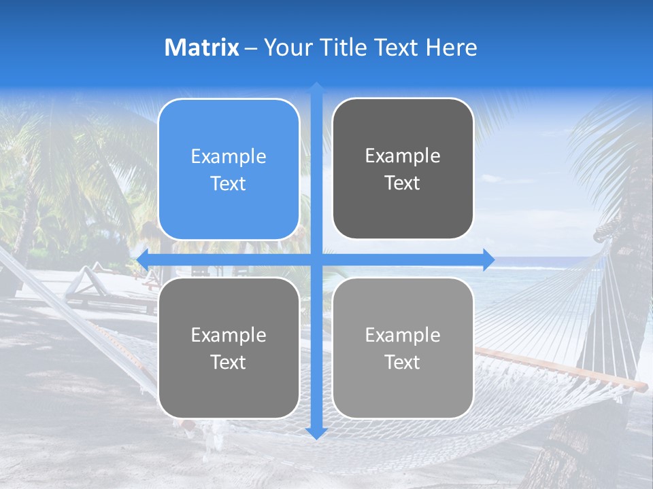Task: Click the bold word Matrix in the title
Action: coord(202,48)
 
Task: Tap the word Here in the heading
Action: coord(451,48)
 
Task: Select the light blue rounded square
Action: coord(229,169)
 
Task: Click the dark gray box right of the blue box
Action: coord(403,168)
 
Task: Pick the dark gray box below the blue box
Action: coord(229,348)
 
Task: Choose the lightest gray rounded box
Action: coord(403,348)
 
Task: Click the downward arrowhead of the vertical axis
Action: coord(316,433)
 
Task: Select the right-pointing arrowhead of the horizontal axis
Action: coord(488,259)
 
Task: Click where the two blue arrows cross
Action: coord(316,259)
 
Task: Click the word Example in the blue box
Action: coord(229,157)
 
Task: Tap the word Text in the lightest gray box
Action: coord(403,362)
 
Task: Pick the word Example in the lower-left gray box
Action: coord(229,335)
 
